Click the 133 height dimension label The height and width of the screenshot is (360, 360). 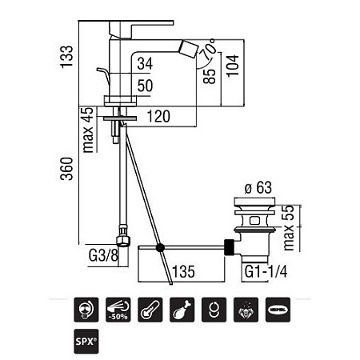coord(66,57)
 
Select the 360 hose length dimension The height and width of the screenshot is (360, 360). coord(66,169)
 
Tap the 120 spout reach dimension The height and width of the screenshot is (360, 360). coord(158,117)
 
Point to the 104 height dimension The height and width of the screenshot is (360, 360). coord(233,66)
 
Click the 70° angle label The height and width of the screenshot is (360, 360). coord(209,49)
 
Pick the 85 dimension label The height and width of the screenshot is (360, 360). coord(210,76)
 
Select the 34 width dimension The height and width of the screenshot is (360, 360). coord(145,64)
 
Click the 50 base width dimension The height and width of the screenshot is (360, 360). coord(145,86)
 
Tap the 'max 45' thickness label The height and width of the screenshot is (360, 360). coord(88,130)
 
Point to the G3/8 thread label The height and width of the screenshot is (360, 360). coord(103,256)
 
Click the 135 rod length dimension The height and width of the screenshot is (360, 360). coord(183,272)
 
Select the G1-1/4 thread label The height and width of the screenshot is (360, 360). coord(266,272)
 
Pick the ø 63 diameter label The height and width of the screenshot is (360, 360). coord(258,187)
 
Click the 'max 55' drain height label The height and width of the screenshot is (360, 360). coord(289,228)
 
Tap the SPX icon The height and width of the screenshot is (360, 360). coord(86,342)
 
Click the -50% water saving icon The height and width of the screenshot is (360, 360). coord(118,310)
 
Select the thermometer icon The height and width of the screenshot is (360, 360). coord(150,310)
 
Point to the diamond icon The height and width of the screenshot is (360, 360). coord(246,310)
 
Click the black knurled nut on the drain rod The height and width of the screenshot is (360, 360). coord(230,247)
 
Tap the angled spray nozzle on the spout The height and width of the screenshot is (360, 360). coord(189,49)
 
